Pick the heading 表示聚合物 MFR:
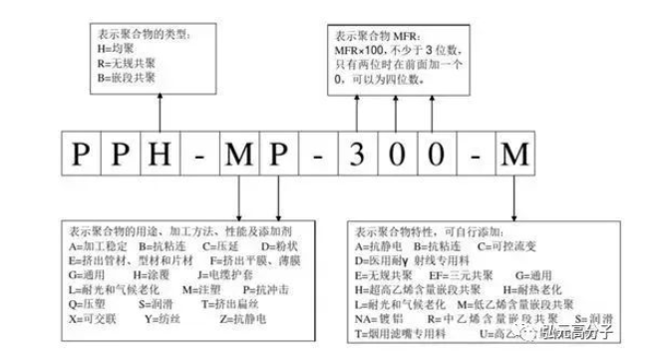click(383, 30)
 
